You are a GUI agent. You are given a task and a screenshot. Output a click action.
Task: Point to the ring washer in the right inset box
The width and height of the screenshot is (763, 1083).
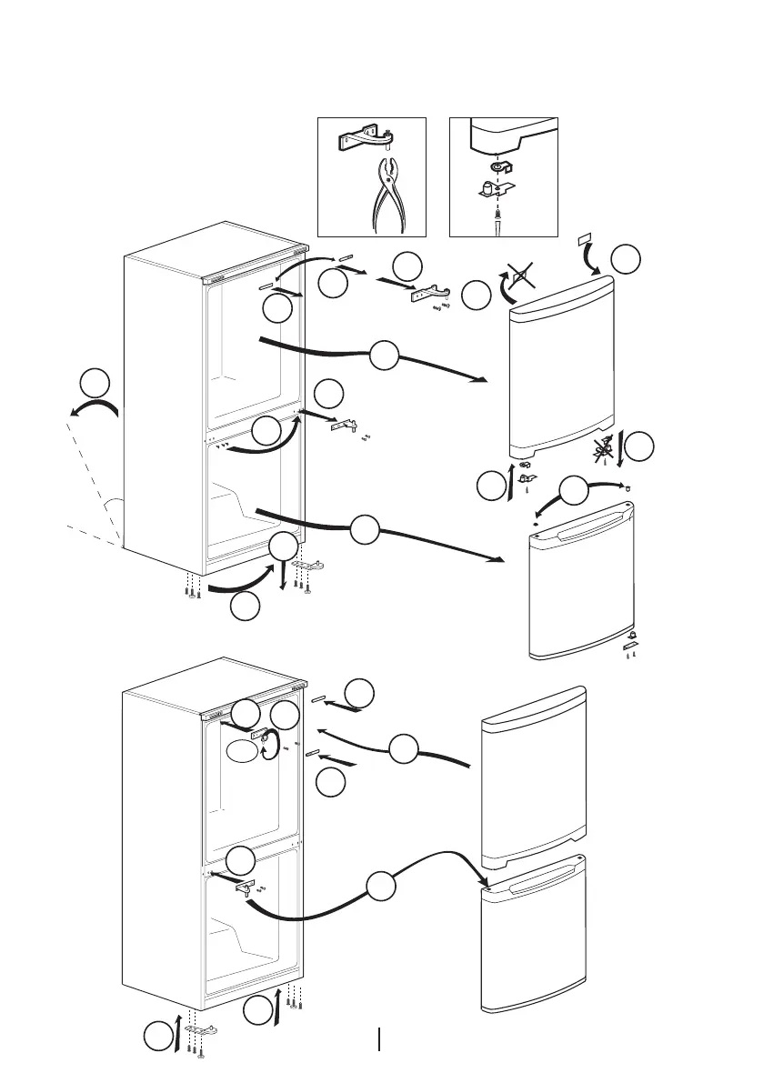497,168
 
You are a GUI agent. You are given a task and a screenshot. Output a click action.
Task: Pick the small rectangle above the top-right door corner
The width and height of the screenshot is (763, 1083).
584,241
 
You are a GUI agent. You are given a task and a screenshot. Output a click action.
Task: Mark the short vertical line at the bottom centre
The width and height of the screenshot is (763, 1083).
378,1038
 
